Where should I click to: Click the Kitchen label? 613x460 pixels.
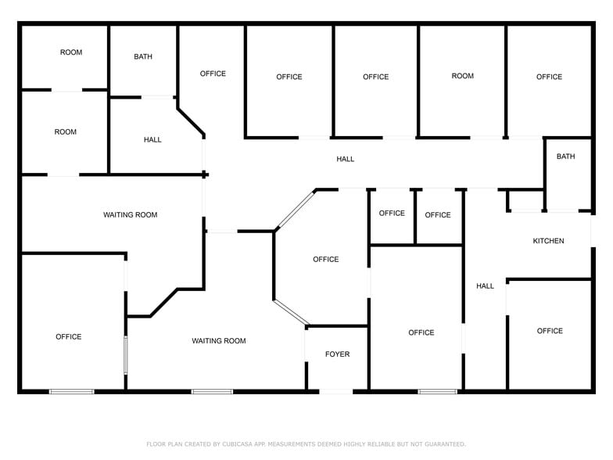click(x=548, y=241)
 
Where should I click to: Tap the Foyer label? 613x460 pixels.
click(x=337, y=354)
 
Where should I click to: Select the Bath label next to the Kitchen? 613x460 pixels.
click(x=565, y=156)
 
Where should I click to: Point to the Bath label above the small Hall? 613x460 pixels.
click(x=143, y=56)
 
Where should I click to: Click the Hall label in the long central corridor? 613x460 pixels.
click(x=345, y=159)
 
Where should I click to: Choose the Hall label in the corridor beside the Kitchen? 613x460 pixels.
click(x=485, y=286)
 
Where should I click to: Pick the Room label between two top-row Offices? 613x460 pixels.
click(x=462, y=76)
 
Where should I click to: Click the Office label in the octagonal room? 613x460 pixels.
click(x=326, y=259)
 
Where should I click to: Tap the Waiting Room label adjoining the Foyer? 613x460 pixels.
click(x=219, y=340)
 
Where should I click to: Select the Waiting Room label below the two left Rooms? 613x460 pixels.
click(x=131, y=214)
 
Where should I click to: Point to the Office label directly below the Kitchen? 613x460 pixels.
click(x=550, y=331)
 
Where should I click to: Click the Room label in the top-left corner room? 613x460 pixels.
click(x=71, y=52)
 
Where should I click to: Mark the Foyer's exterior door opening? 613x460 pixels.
click(x=337, y=390)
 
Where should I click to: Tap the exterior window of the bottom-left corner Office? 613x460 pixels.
click(x=72, y=390)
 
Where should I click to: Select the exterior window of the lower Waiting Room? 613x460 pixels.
click(x=212, y=390)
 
